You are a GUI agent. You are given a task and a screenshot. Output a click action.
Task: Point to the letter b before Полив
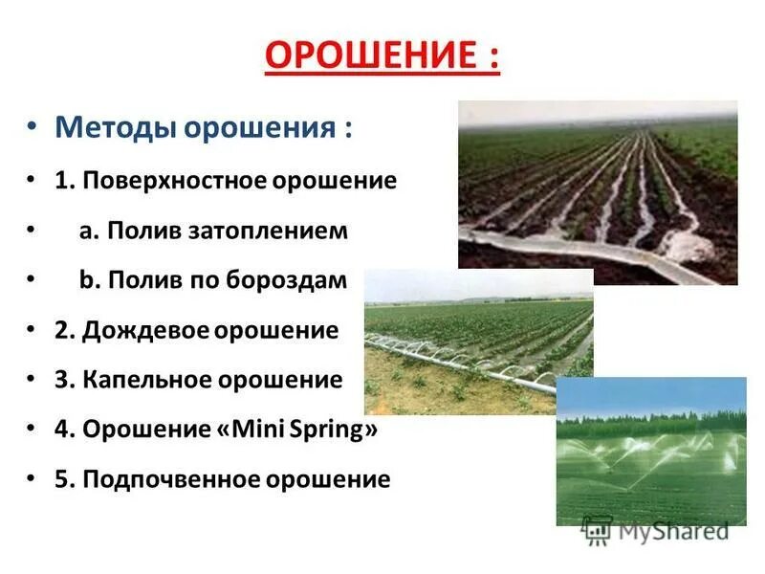(x=85, y=280)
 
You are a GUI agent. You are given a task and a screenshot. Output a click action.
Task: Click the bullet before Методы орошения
(x=33, y=128)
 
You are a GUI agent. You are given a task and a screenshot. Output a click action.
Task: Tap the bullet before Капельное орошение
(x=33, y=381)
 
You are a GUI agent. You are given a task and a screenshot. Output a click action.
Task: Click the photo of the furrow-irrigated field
(x=598, y=191)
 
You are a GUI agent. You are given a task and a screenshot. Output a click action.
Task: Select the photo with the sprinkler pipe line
(x=478, y=335)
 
